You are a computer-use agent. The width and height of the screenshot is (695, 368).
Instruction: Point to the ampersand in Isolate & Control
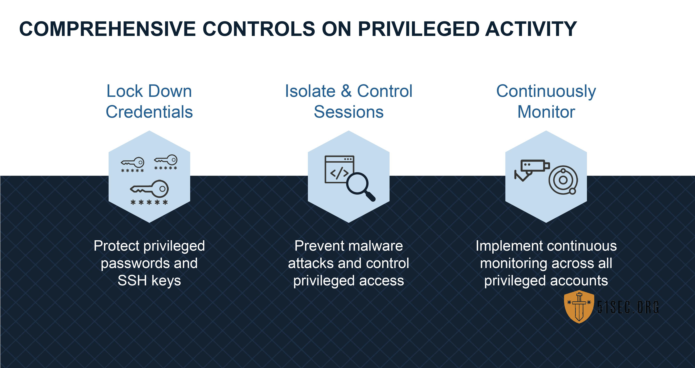346,91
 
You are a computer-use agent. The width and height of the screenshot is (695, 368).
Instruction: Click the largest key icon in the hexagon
149,189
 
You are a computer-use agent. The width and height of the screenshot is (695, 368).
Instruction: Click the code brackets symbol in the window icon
339,173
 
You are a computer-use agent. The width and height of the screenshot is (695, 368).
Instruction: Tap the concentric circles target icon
563,180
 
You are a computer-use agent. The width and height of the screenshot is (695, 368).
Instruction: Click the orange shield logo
579,307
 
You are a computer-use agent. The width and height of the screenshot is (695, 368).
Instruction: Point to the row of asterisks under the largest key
149,202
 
